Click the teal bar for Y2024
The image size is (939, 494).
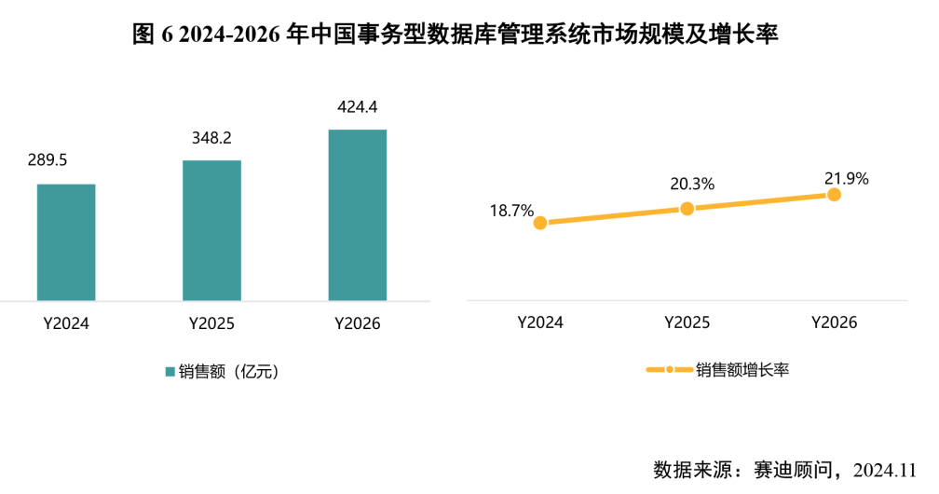tap(66, 242)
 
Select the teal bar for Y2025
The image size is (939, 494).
tap(211, 230)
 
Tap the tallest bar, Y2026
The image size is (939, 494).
tap(358, 214)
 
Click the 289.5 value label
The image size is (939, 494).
tap(48, 160)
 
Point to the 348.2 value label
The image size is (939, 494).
tap(211, 138)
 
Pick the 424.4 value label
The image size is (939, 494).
tap(358, 106)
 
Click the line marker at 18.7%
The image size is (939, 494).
tap(540, 223)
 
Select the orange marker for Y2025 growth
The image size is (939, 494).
tap(687, 209)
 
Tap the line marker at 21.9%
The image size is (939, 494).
tap(834, 195)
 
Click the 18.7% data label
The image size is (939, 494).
tap(511, 211)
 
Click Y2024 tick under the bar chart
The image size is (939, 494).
tap(65, 324)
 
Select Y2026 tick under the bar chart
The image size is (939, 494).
tap(358, 324)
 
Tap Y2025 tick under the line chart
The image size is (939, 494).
tap(687, 322)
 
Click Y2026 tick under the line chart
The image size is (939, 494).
tap(834, 322)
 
